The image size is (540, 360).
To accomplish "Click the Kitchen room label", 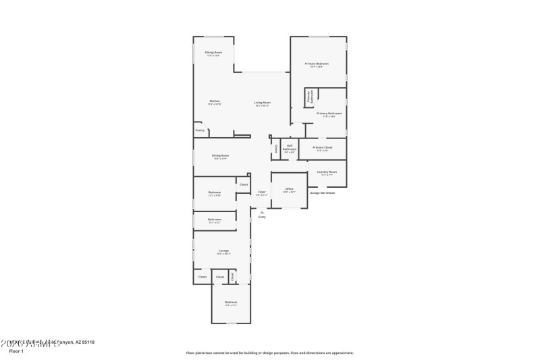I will point(215,101).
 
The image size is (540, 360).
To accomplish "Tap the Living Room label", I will point(262,103).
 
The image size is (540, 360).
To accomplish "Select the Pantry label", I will point(200,130).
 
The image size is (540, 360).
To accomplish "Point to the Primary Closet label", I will point(323,147).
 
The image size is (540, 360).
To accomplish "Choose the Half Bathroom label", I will point(289,147).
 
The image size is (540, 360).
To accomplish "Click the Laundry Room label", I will point(327,172).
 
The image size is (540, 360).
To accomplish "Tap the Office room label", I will point(289,188).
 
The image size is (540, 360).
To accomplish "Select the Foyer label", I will point(261,192).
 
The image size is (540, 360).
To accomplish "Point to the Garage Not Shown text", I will point(322,192).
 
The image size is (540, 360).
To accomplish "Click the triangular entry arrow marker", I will point(262,212).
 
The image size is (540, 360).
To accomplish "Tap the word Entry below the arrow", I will point(262,217).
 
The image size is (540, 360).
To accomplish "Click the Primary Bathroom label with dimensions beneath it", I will point(329,113).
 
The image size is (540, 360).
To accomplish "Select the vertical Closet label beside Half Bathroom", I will point(276,149).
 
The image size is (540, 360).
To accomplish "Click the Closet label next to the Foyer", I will point(244,184).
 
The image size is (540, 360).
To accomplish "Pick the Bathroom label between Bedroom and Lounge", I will point(215,220).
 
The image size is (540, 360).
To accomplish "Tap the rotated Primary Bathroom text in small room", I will point(310,96).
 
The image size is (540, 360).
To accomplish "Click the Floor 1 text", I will point(16,351).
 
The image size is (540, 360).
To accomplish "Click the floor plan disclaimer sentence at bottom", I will point(269,353).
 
